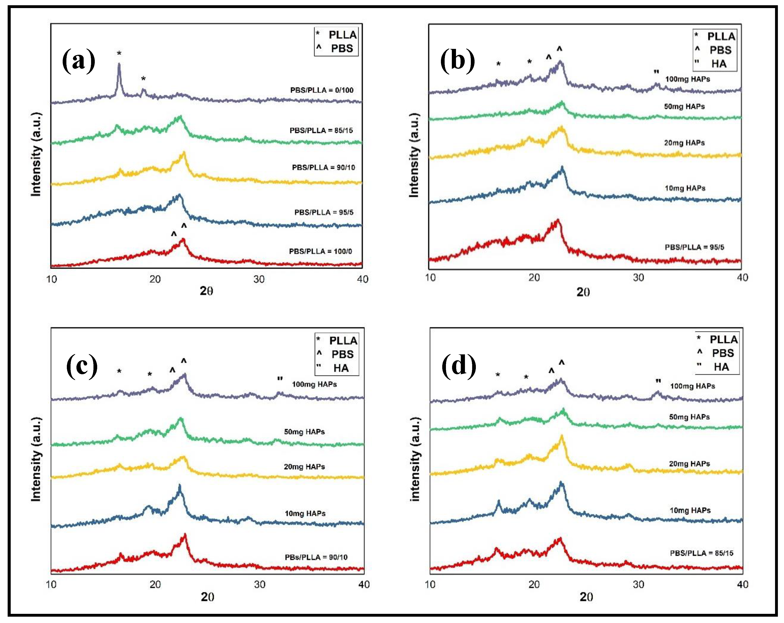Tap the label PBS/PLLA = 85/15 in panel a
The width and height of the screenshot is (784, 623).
(x=321, y=130)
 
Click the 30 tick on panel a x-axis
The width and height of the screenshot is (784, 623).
(x=259, y=279)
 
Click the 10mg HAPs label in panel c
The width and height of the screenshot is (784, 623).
(x=305, y=513)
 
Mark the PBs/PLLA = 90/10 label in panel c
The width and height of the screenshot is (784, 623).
(x=316, y=557)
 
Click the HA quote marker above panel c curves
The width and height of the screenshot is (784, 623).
(x=280, y=379)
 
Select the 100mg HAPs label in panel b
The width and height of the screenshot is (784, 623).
(x=687, y=79)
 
